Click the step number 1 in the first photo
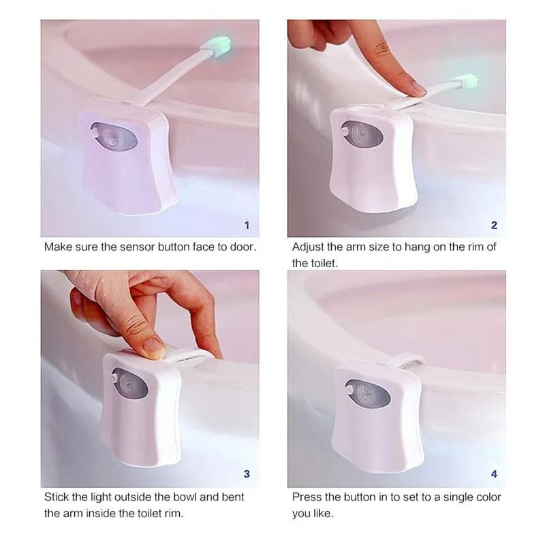point(247,225)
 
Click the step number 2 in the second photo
point(494,225)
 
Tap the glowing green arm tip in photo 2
point(467,81)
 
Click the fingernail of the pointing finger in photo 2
point(416,89)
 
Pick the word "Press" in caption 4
point(307,497)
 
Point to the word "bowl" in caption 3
point(176,497)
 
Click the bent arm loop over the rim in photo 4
point(407,360)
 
